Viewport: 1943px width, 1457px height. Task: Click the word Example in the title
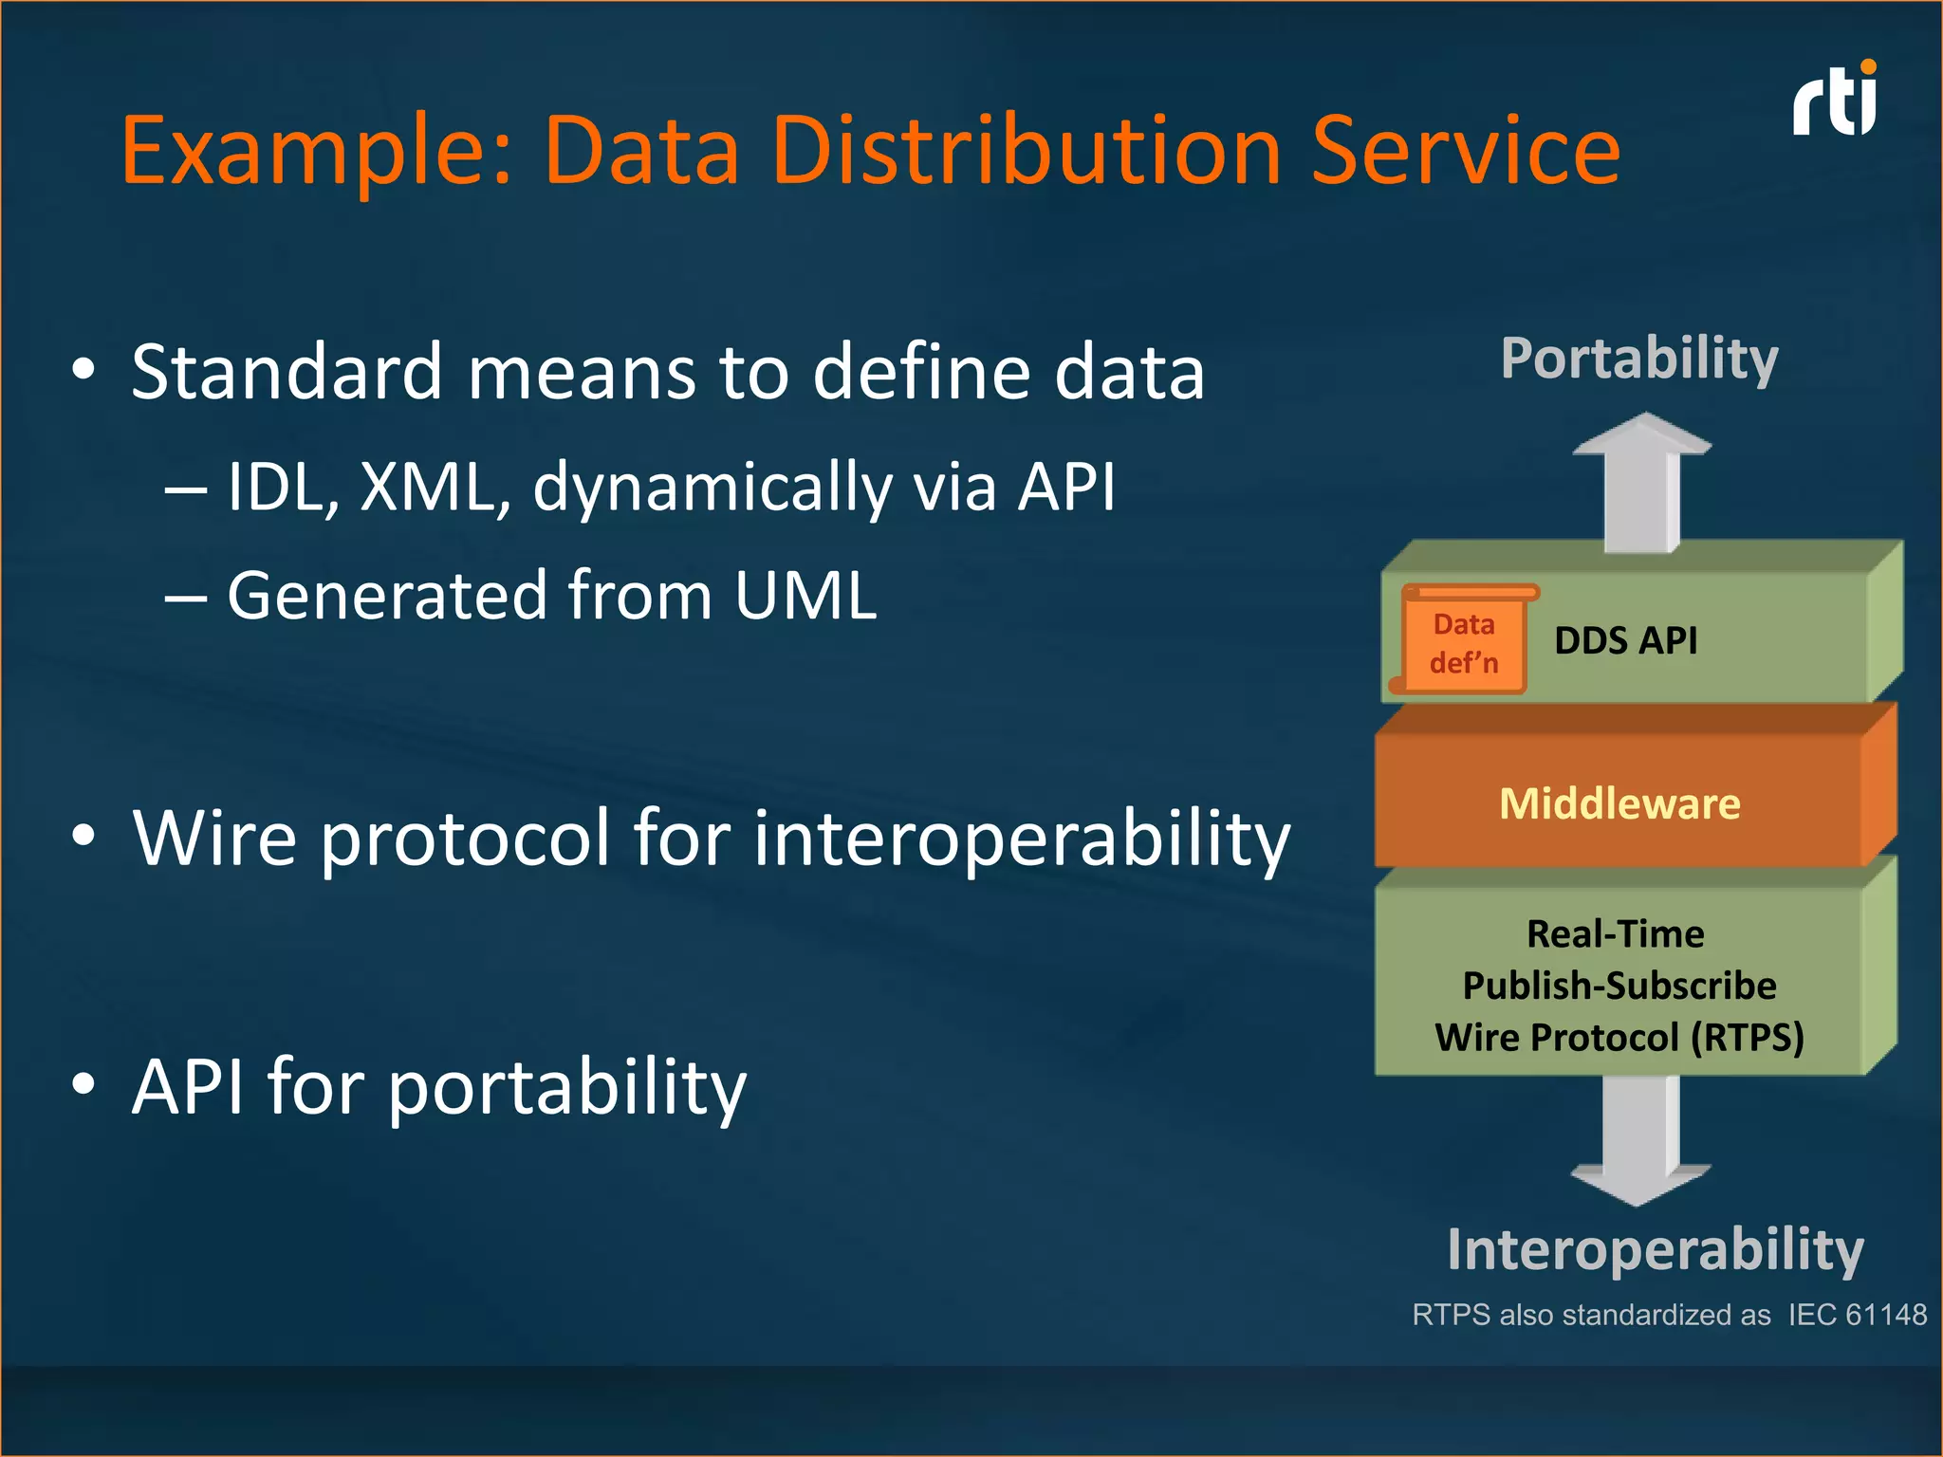point(318,152)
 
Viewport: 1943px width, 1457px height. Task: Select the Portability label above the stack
point(1639,359)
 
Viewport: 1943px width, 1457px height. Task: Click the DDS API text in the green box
point(1625,641)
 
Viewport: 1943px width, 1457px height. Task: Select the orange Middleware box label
point(1619,804)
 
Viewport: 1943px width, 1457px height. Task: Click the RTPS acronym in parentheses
point(1749,1038)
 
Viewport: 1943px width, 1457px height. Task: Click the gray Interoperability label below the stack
point(1656,1249)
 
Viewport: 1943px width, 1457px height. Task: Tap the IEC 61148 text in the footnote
point(1858,1315)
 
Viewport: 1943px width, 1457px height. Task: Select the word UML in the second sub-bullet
point(805,596)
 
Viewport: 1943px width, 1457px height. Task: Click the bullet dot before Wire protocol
point(83,836)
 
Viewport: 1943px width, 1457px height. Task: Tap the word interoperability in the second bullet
point(1022,839)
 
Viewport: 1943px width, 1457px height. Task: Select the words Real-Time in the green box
point(1615,934)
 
